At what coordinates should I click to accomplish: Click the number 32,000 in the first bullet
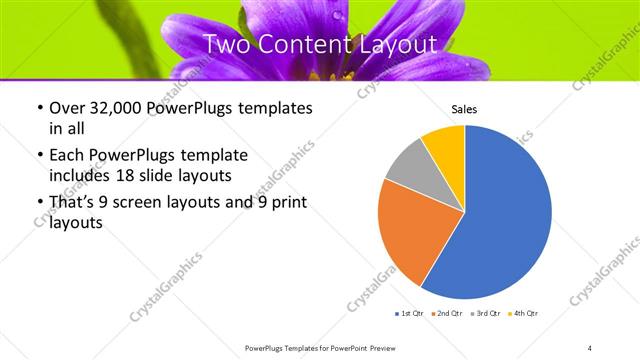(x=119, y=109)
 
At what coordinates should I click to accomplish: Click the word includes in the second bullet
(x=76, y=176)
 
